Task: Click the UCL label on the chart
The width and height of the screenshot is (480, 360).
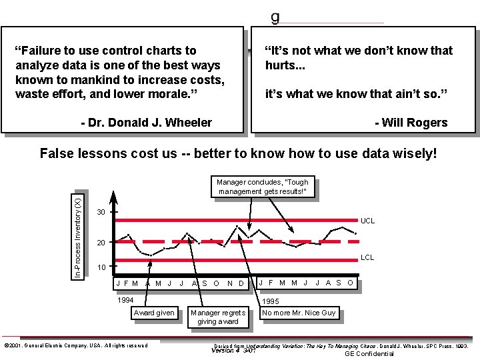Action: click(x=367, y=221)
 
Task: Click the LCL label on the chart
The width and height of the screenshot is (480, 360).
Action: click(x=367, y=257)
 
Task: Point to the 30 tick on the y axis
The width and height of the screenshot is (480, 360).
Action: click(x=101, y=212)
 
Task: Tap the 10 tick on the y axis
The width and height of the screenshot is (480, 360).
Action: click(x=101, y=268)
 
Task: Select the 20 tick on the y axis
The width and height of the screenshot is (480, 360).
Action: click(x=101, y=243)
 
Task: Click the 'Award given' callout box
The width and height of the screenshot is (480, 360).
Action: click(x=154, y=313)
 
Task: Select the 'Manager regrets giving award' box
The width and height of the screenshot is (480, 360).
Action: click(x=217, y=317)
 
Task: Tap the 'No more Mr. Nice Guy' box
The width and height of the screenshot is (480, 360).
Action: click(x=299, y=313)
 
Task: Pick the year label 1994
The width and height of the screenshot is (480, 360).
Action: click(x=125, y=300)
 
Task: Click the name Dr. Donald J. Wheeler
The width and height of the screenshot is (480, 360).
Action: click(x=146, y=123)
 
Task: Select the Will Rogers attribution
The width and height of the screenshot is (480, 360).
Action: click(x=411, y=123)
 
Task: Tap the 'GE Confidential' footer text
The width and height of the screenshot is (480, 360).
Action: click(x=369, y=354)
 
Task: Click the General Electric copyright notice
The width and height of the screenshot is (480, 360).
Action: click(x=76, y=345)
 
